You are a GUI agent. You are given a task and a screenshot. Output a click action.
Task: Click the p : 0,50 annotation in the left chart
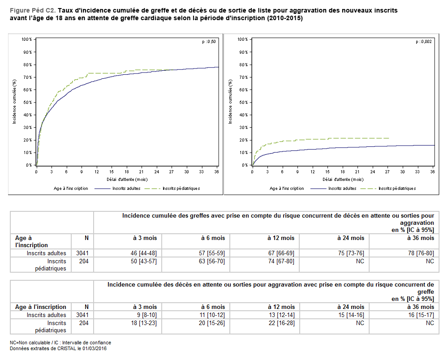(x=209, y=42)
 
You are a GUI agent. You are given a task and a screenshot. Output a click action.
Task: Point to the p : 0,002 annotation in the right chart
(x=424, y=42)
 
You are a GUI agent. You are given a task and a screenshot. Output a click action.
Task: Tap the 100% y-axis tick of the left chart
(x=26, y=39)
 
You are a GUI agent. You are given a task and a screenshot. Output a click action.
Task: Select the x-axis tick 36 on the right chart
(x=433, y=172)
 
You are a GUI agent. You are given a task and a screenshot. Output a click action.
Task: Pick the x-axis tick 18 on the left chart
(x=126, y=172)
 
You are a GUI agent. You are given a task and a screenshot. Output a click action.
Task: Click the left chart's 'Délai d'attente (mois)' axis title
(x=126, y=179)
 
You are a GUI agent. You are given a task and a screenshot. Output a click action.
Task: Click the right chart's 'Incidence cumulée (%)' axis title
(x=231, y=102)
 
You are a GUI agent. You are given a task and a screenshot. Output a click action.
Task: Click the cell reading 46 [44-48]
(x=143, y=253)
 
